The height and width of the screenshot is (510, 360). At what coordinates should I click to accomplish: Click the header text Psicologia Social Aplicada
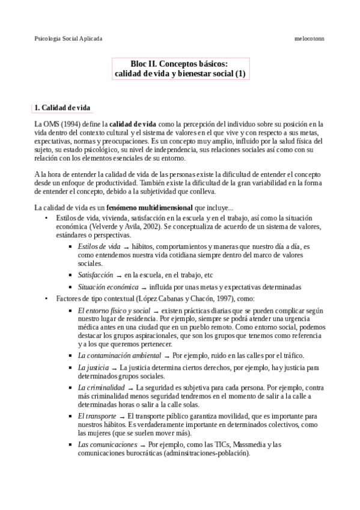click(x=68, y=38)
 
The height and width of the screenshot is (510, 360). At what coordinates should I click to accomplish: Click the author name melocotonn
click(x=310, y=38)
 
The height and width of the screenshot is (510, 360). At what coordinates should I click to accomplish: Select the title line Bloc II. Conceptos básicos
click(x=179, y=63)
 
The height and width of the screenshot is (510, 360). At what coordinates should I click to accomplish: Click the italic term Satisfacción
click(x=96, y=274)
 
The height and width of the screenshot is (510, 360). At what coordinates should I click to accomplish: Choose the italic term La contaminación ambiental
click(x=115, y=355)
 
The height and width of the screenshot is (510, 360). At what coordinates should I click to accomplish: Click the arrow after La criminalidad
click(x=130, y=389)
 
